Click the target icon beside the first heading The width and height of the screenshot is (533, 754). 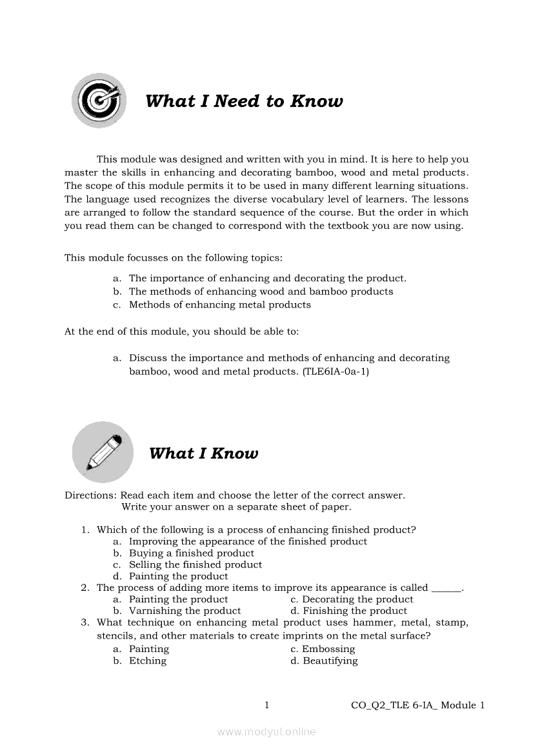[99, 100]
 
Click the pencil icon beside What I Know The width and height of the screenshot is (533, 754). [103, 451]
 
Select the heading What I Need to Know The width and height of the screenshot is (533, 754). [244, 101]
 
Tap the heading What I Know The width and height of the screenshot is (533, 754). [203, 453]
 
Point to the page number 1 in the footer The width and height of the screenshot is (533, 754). [266, 706]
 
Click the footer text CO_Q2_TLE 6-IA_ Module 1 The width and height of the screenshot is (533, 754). [417, 706]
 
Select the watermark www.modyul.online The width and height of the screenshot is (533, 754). [266, 732]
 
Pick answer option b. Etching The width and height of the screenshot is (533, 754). [141, 660]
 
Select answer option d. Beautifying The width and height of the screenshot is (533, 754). [324, 660]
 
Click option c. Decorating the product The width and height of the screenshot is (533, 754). [352, 599]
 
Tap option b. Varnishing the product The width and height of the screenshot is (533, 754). [177, 611]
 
